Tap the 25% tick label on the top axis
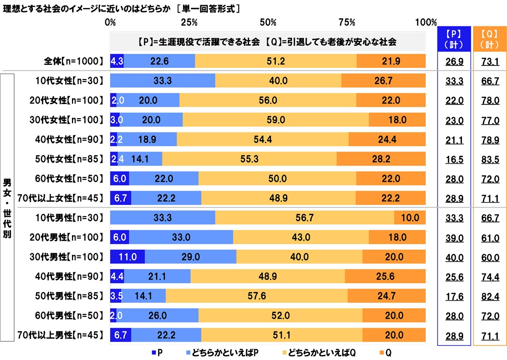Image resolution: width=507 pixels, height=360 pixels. coord(189,22)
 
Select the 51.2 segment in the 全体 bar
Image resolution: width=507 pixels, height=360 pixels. coord(275,61)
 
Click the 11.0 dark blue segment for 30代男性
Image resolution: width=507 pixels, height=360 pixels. coord(127,257)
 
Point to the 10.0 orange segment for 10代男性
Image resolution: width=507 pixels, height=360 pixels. coord(410,218)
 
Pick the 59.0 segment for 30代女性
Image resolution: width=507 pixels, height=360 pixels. coord(275,120)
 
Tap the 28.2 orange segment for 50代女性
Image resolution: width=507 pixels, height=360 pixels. coord(381,159)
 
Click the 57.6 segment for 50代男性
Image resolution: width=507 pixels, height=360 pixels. coord(256,296)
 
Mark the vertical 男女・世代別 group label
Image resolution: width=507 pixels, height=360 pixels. coord(7,208)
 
